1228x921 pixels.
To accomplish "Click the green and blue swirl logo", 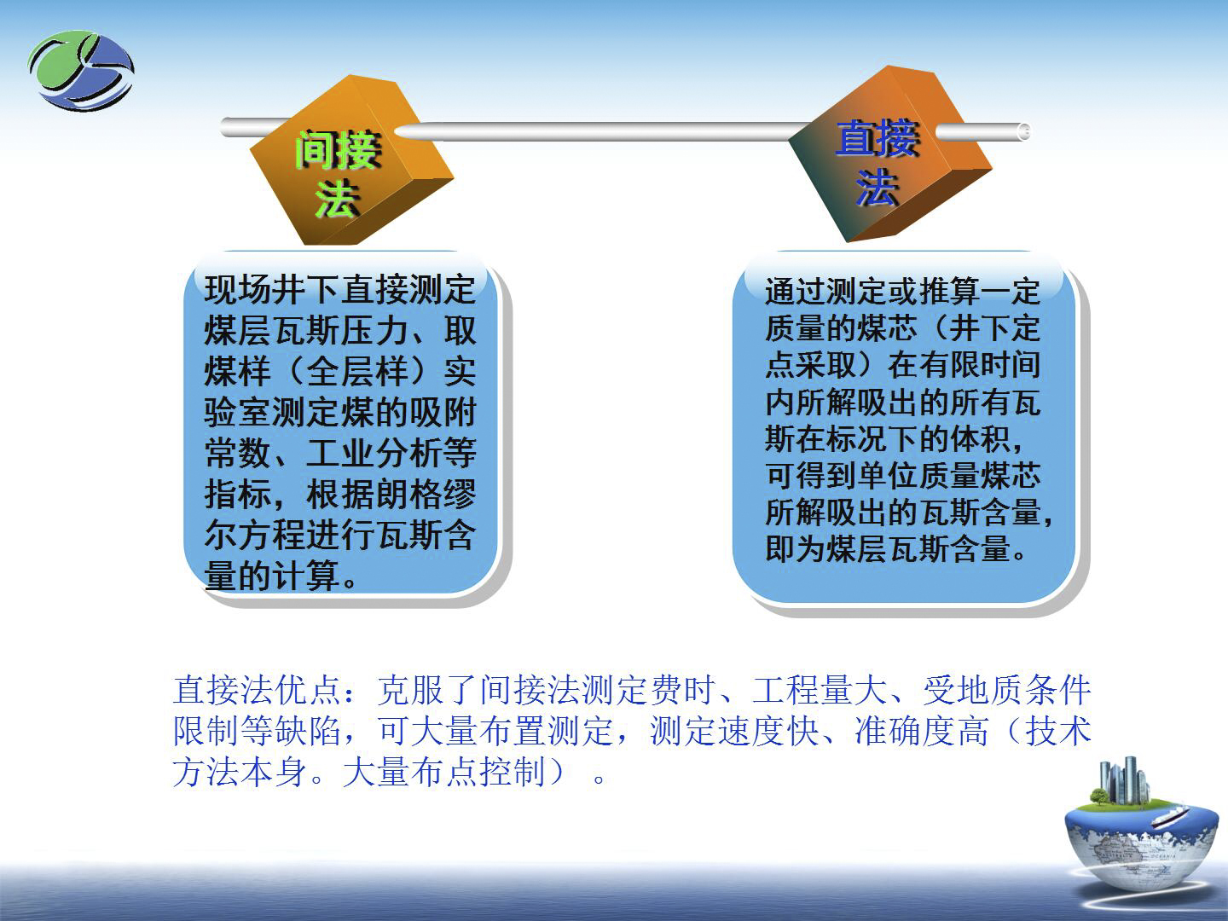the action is (81, 71).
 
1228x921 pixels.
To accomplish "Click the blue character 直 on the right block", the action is (856, 137).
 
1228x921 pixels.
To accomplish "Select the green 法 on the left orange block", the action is (338, 198).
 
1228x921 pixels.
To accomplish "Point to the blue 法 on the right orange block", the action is (878, 188).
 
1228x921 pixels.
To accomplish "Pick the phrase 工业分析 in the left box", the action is (374, 452).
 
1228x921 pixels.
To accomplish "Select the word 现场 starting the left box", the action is (238, 290).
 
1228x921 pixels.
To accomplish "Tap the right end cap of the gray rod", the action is (1024, 131).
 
